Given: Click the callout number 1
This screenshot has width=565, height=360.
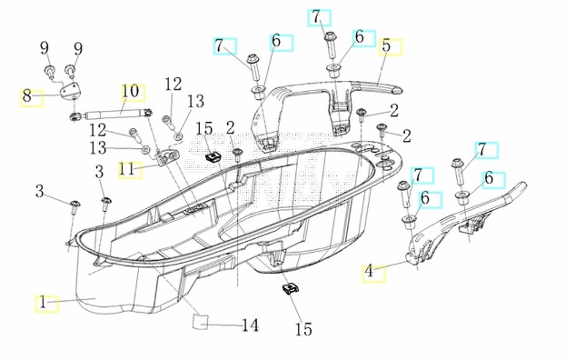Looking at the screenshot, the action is [44, 303].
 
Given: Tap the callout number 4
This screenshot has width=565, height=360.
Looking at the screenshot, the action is [369, 271].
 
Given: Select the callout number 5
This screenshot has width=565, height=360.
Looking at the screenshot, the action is [386, 45].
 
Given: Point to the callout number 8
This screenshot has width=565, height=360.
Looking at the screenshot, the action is [26, 96].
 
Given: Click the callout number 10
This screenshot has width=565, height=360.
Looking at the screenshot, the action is [130, 91].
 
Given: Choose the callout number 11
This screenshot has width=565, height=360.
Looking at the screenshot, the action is [126, 169].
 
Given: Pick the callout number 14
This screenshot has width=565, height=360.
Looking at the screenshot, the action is [250, 325].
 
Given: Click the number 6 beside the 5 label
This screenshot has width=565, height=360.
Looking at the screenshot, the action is [359, 36].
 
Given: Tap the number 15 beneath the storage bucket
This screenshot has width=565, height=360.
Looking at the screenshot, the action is [303, 329].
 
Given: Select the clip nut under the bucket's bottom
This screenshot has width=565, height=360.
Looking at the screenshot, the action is [291, 288].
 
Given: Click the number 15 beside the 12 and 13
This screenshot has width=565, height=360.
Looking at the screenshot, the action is [204, 129].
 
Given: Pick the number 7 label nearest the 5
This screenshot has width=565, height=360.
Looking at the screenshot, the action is [316, 16].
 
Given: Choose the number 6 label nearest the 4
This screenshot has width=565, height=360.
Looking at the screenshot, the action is [425, 198].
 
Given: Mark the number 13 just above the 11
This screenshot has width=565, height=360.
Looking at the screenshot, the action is [98, 148].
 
